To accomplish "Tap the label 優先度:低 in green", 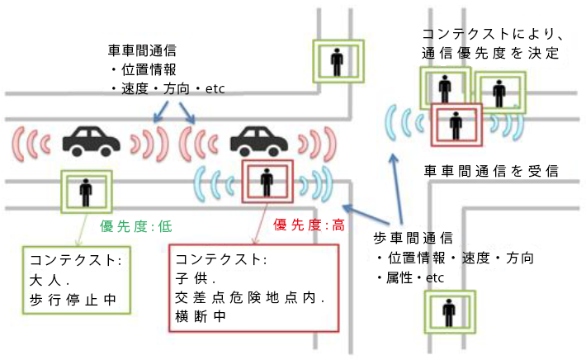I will click(135, 225).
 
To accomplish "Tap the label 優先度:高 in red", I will click(308, 225).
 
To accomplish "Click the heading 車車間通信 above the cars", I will click(146, 50).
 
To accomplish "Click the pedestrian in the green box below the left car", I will click(86, 192).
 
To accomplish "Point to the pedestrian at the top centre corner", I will click(337, 60).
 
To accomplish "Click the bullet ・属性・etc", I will click(409, 277).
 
